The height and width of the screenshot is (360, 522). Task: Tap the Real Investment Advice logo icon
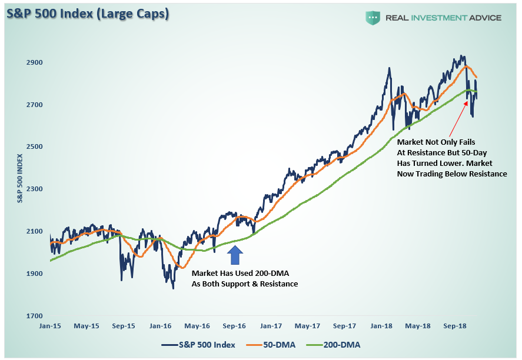pyautogui.click(x=373, y=18)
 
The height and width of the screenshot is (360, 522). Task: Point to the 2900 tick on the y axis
pyautogui.click(x=34, y=62)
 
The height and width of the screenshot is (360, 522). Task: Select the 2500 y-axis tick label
pyautogui.click(x=34, y=147)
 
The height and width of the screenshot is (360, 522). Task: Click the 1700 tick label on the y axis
pyautogui.click(x=34, y=316)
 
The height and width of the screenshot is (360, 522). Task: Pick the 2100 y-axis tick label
pyautogui.click(x=34, y=232)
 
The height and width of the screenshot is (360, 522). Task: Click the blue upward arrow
pyautogui.click(x=235, y=254)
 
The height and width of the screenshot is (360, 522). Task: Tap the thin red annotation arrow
pyautogui.click(x=460, y=119)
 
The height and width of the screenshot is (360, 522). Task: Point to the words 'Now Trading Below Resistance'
pyautogui.click(x=452, y=174)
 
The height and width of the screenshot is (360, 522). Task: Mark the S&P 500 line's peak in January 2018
pyautogui.click(x=389, y=68)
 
